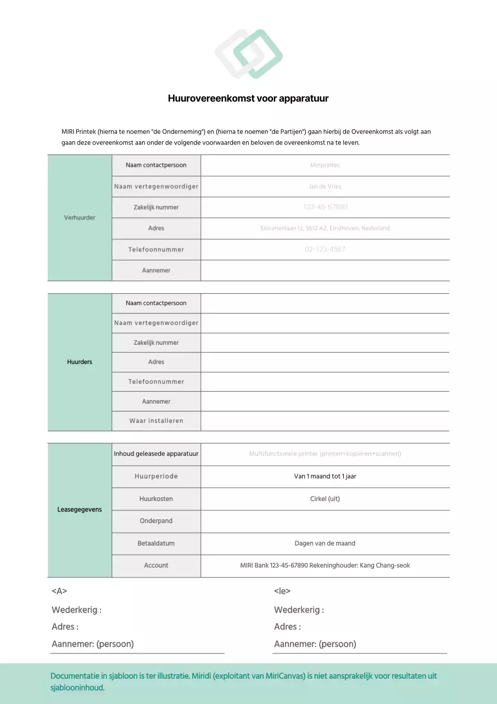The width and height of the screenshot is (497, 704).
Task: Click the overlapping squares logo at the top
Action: pos(248,53)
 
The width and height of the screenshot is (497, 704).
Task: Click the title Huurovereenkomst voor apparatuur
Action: pos(248,98)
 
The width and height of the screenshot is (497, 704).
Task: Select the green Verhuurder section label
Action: pos(80,218)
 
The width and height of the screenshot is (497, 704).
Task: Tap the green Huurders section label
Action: pos(80,362)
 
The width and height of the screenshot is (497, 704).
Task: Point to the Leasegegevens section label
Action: pos(80,510)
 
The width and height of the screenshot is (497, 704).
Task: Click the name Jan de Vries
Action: pos(325,186)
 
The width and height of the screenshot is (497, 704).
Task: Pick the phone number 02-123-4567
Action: pos(325,249)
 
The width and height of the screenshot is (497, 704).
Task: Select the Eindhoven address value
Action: pos(325,228)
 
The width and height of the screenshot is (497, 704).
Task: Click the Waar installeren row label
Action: pos(156,421)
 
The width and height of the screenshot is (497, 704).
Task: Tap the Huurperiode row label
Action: pos(156,476)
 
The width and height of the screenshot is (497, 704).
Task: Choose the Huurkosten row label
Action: pos(156,499)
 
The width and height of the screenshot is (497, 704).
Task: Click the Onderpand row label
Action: pos(156,521)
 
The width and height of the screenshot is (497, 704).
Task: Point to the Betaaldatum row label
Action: pos(156,543)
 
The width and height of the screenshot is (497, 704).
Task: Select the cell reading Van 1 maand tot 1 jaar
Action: pos(325,476)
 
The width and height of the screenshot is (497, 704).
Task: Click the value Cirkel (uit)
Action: pos(325,499)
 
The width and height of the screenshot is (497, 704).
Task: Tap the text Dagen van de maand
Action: pos(325,543)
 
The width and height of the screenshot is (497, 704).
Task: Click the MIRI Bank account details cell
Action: pos(325,565)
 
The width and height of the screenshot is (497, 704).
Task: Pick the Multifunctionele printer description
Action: pos(325,454)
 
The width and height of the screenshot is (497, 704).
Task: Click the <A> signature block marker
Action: pos(59,591)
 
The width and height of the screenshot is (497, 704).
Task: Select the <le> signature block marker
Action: pos(282,591)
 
